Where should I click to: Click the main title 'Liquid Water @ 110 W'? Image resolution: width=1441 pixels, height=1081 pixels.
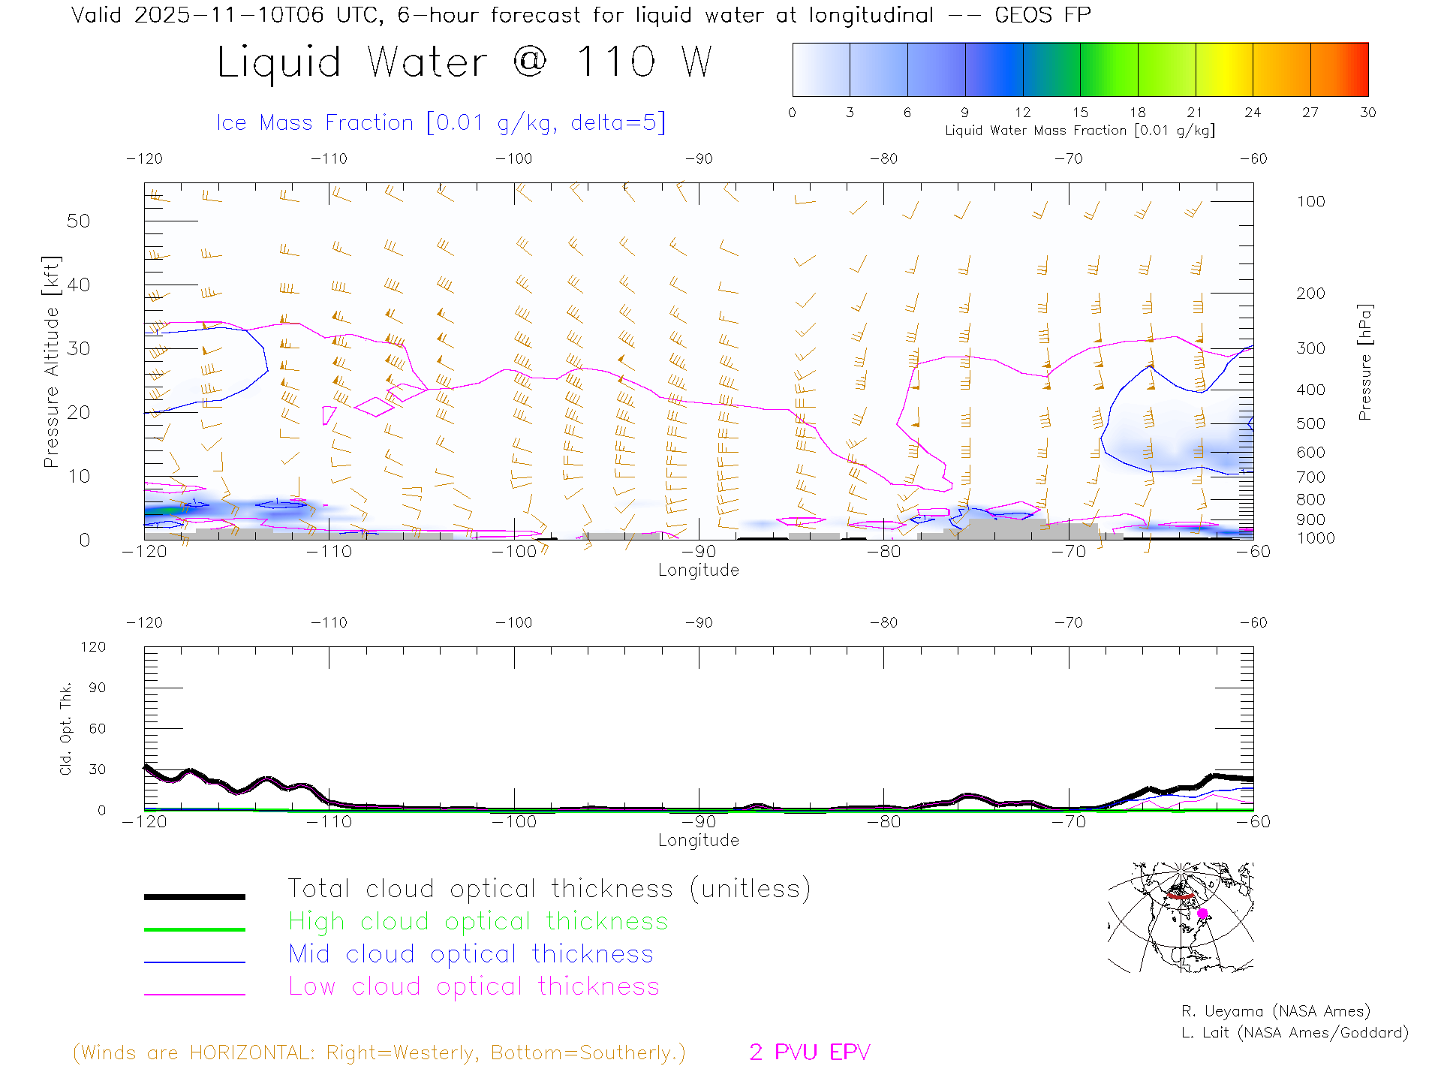464,62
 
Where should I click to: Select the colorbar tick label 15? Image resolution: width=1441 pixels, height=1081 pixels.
1080,113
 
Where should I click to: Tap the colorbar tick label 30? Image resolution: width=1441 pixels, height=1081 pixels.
1367,113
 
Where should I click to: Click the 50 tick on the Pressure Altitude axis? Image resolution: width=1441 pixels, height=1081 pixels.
78,221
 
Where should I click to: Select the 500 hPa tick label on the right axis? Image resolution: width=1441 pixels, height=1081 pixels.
1310,423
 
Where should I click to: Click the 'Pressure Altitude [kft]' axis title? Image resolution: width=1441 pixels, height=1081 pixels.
51,362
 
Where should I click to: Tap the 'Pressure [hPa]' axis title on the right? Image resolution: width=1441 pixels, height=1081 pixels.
1364,362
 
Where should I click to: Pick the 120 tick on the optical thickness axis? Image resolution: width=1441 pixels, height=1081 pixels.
93,647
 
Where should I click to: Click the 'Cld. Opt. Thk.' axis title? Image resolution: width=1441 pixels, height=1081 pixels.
66,728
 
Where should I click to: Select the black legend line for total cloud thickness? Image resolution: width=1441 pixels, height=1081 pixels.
194,896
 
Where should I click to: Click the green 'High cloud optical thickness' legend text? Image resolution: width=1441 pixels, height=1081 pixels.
478,921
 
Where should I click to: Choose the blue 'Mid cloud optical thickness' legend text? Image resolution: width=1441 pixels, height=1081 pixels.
471,954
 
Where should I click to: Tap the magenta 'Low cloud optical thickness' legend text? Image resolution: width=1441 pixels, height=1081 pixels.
474,986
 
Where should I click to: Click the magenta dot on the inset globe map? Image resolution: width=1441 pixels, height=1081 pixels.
1202,914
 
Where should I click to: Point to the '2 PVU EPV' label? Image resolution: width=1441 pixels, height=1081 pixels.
809,1052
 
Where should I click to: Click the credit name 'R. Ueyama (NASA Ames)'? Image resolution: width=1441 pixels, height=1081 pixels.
1275,1011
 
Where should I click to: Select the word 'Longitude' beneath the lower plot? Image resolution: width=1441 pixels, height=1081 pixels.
698,841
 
